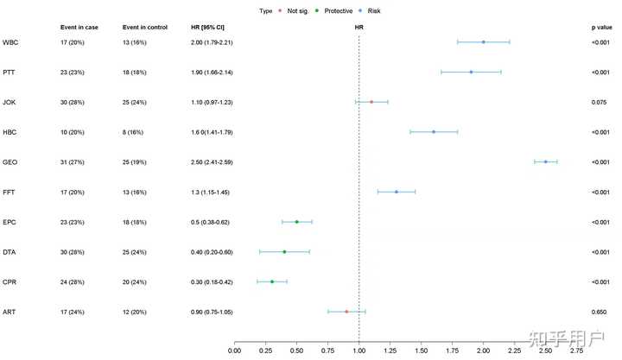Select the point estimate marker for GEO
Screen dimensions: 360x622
pos(545,161)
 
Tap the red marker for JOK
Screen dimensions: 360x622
pos(371,102)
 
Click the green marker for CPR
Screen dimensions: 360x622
pos(272,281)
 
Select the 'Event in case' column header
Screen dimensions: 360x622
pos(80,27)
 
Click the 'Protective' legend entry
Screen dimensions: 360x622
pos(327,10)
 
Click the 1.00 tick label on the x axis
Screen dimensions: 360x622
pos(359,350)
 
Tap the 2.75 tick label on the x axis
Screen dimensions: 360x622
pos(576,350)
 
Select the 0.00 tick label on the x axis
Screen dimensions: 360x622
pos(234,350)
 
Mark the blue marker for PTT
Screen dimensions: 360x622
pos(471,72)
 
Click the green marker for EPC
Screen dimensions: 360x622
pos(296,222)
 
